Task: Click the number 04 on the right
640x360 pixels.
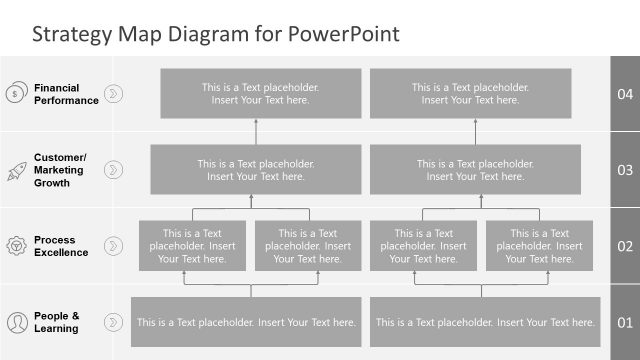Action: pyautogui.click(x=625, y=94)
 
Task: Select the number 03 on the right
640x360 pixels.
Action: pyautogui.click(x=625, y=170)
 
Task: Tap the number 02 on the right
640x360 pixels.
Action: pyautogui.click(x=625, y=246)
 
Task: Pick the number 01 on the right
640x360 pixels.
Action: pyautogui.click(x=625, y=322)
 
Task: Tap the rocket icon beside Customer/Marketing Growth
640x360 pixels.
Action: pyautogui.click(x=16, y=170)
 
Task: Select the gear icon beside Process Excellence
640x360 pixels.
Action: pyautogui.click(x=16, y=246)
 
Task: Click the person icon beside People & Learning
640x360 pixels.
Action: pyautogui.click(x=16, y=322)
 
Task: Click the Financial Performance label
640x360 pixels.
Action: pyautogui.click(x=66, y=94)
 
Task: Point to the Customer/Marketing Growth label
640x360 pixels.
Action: pyautogui.click(x=61, y=170)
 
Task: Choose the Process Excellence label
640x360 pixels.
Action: pyautogui.click(x=61, y=246)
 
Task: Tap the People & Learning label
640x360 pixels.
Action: pyautogui.click(x=56, y=322)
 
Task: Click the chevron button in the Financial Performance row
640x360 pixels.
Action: pyautogui.click(x=113, y=94)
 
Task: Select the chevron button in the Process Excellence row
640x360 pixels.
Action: pyautogui.click(x=113, y=246)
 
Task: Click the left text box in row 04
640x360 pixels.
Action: pyautogui.click(x=255, y=94)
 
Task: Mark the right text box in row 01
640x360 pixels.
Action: pyautogui.click(x=485, y=322)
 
